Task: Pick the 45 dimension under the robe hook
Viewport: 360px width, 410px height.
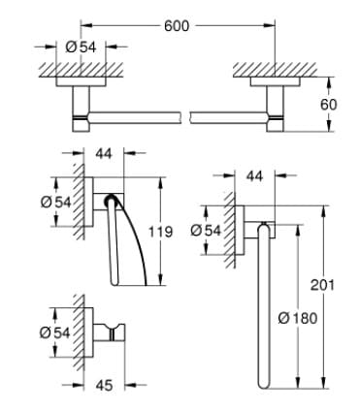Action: point(105,384)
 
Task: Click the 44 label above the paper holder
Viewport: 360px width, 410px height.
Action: point(105,152)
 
